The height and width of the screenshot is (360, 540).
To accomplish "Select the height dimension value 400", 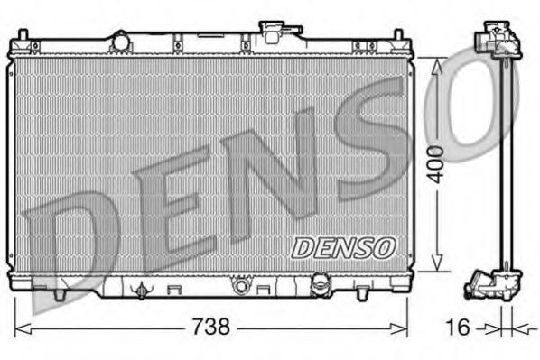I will pos(435,162).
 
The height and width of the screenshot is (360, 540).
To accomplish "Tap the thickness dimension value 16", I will pos(459,326).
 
